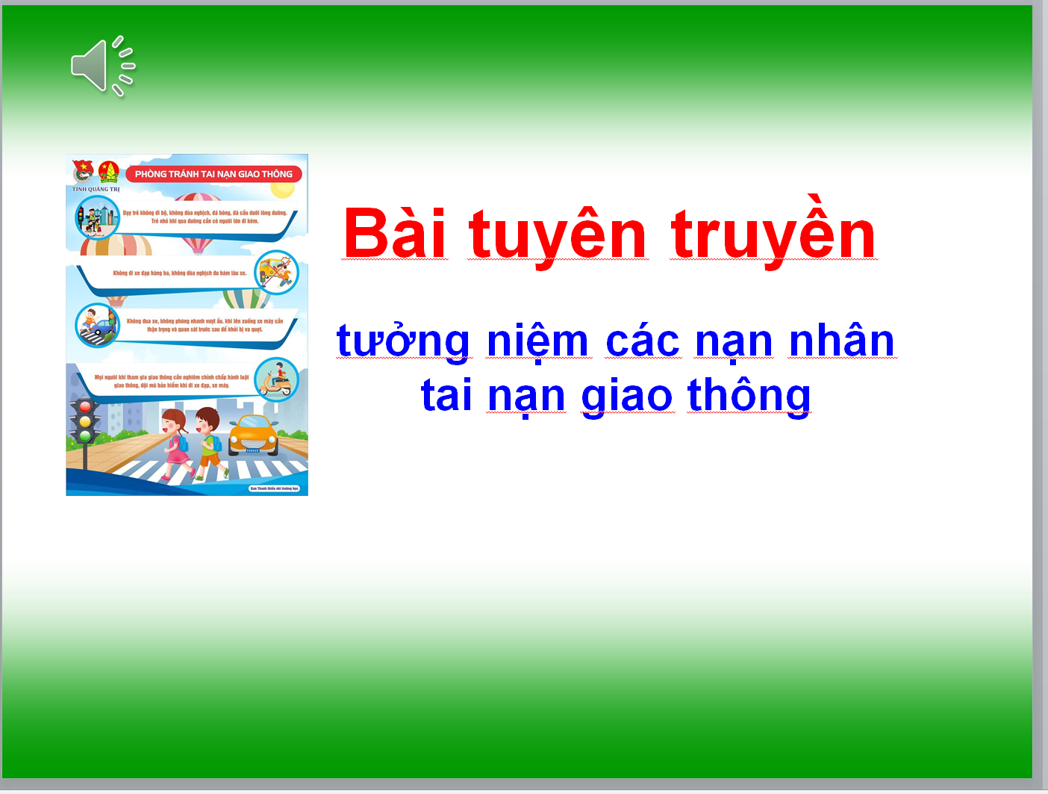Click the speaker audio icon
click(x=102, y=66)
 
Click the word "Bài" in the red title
click(x=395, y=234)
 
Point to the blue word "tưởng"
click(x=403, y=341)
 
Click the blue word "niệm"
click(x=537, y=341)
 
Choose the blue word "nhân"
click(x=842, y=341)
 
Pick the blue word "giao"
click(x=627, y=395)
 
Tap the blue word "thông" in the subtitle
click(x=749, y=395)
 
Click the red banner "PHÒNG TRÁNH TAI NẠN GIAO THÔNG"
click(x=213, y=174)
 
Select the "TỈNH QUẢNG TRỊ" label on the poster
click(x=96, y=189)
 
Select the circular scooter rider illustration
click(x=277, y=379)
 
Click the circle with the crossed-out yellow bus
click(x=277, y=271)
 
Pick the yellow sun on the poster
click(x=283, y=190)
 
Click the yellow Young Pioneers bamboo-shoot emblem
click(x=109, y=172)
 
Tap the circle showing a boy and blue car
click(x=97, y=325)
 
